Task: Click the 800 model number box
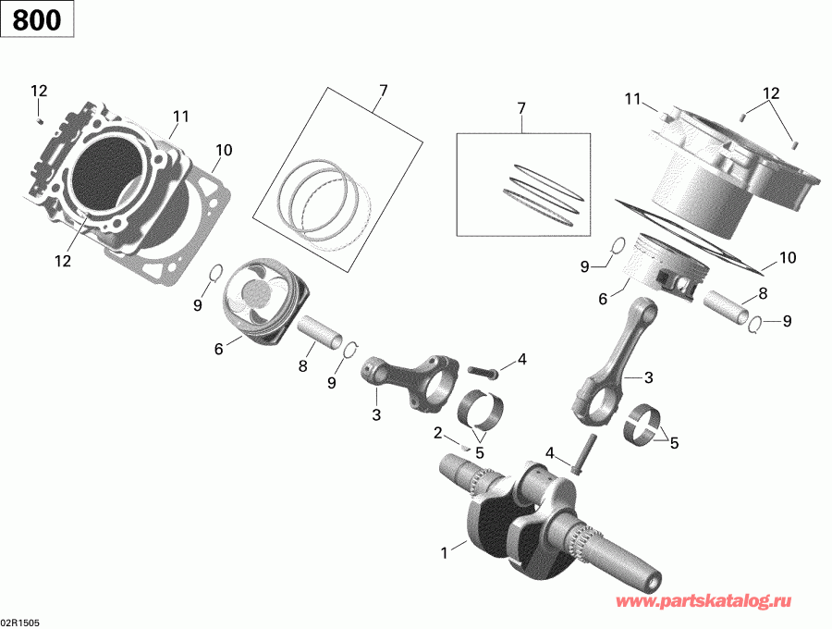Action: click(38, 18)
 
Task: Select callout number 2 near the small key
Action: click(437, 432)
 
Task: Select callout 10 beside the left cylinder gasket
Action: click(223, 151)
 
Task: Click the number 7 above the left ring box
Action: click(382, 90)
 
